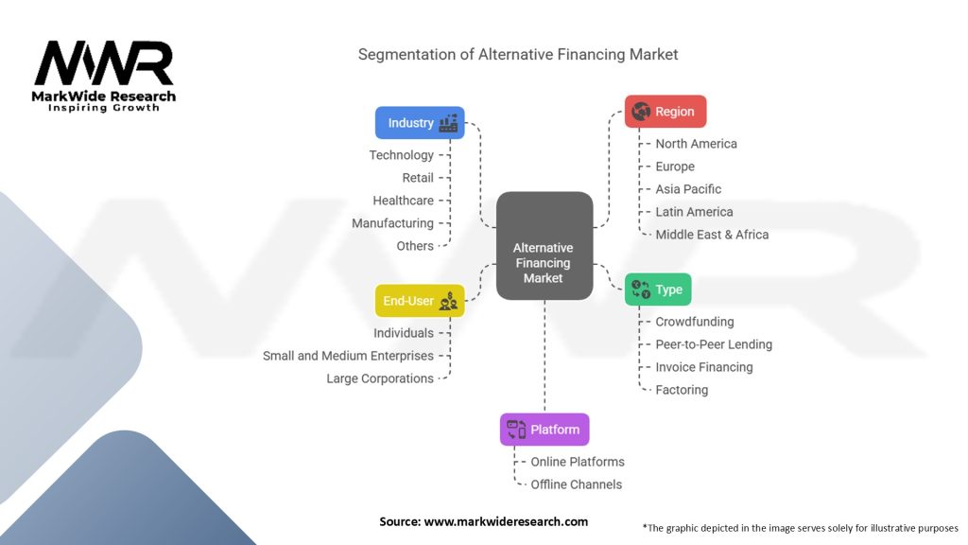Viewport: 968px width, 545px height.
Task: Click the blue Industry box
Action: pyautogui.click(x=420, y=123)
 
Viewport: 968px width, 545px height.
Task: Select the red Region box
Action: pyautogui.click(x=665, y=112)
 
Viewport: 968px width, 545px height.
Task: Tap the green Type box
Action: pyautogui.click(x=658, y=290)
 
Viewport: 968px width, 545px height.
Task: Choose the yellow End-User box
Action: pyautogui.click(x=420, y=301)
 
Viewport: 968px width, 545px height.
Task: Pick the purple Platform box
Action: pyautogui.click(x=544, y=430)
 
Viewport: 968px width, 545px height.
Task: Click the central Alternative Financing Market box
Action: pyautogui.click(x=544, y=246)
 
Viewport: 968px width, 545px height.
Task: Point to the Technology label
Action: pyautogui.click(x=401, y=155)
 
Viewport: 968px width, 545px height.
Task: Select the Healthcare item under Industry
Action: pyautogui.click(x=403, y=201)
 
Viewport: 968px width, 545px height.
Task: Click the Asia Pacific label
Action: pyautogui.click(x=688, y=189)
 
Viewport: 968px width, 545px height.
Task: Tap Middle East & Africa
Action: pyautogui.click(x=712, y=235)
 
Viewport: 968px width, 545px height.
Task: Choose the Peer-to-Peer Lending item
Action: pyautogui.click(x=714, y=344)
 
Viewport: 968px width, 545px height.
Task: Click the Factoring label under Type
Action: pyautogui.click(x=682, y=390)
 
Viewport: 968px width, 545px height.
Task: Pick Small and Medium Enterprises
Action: pyautogui.click(x=348, y=356)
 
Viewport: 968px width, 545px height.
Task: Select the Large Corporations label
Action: pyautogui.click(x=380, y=378)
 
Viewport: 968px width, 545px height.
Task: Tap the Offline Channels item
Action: pyautogui.click(x=577, y=484)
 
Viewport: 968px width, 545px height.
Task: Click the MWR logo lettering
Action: pyautogui.click(x=104, y=63)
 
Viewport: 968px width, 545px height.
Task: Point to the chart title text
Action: pyautogui.click(x=518, y=54)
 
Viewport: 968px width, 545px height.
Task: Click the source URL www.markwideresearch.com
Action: pyautogui.click(x=506, y=521)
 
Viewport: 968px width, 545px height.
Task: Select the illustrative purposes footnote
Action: pyautogui.click(x=800, y=528)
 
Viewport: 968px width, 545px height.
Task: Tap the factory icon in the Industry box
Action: pyautogui.click(x=448, y=123)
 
